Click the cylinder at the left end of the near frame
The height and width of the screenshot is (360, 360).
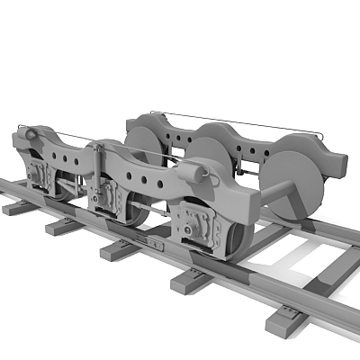click(x=27, y=135)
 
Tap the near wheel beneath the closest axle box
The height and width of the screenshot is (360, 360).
click(x=236, y=241)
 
